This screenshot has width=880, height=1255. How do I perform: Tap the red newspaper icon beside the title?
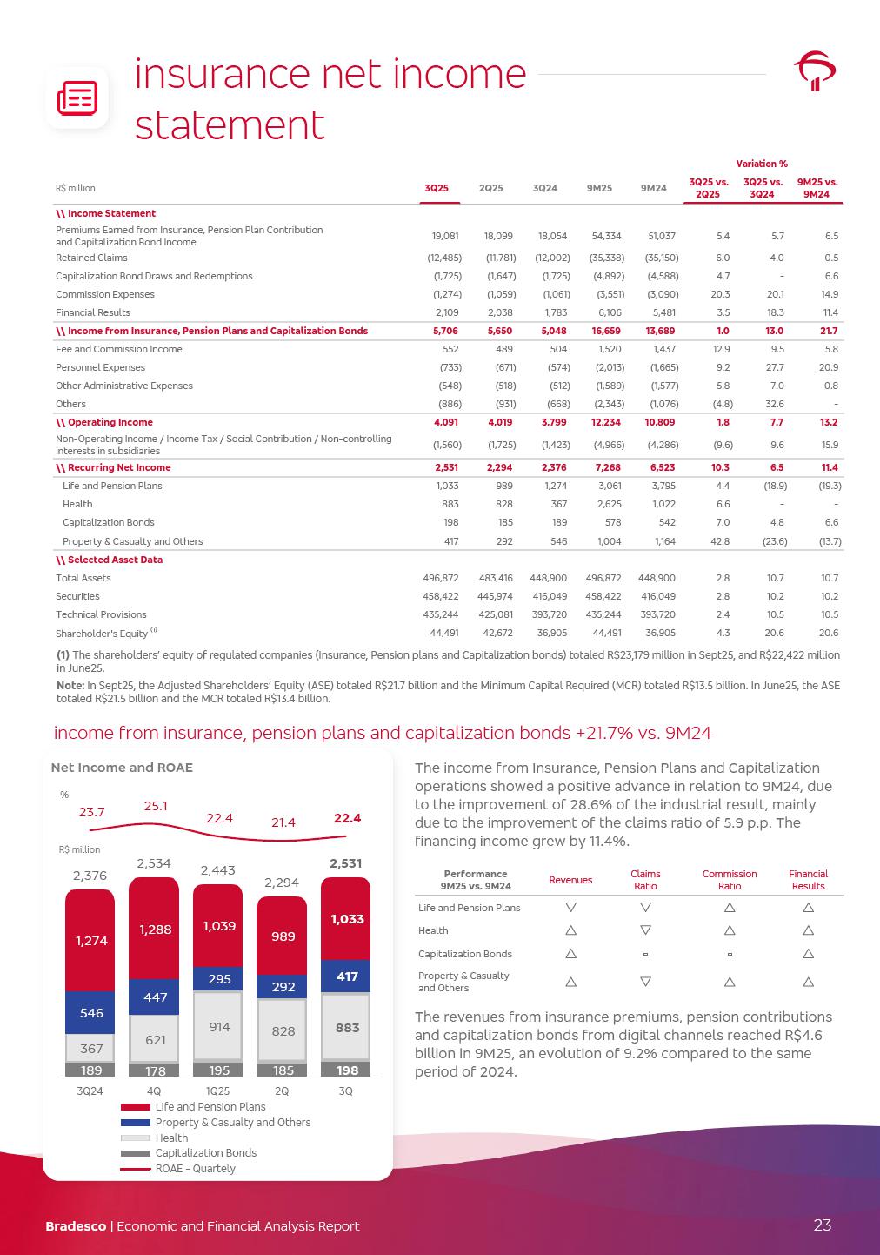pyautogui.click(x=77, y=98)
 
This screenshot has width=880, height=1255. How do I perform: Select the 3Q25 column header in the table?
pyautogui.click(x=437, y=188)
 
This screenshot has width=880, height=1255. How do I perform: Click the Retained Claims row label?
pyautogui.click(x=91, y=258)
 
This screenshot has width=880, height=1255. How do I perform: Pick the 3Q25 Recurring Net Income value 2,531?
pyautogui.click(x=446, y=467)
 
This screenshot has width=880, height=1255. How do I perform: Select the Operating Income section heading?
pyautogui.click(x=105, y=422)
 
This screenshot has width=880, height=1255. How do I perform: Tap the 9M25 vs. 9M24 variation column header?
pyautogui.click(x=817, y=188)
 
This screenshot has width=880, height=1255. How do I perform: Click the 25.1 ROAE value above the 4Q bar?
pyautogui.click(x=156, y=807)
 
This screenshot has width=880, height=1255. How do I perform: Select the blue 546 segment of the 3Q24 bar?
pyautogui.click(x=90, y=1013)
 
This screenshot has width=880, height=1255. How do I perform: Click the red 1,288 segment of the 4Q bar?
pyautogui.click(x=156, y=930)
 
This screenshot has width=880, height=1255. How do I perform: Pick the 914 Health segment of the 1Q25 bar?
pyautogui.click(x=219, y=1027)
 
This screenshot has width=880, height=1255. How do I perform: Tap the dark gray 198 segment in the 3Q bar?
pyautogui.click(x=347, y=1069)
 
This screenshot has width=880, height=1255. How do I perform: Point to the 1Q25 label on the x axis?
pyautogui.click(x=218, y=1091)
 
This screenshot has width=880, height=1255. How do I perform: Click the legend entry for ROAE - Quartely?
pyautogui.click(x=195, y=1168)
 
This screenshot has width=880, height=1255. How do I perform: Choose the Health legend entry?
pyautogui.click(x=171, y=1138)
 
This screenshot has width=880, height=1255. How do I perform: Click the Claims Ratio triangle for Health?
pyautogui.click(x=645, y=930)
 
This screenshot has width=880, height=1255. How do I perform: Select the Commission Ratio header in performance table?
pyautogui.click(x=729, y=880)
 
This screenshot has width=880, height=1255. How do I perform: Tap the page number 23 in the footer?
pyautogui.click(x=822, y=1225)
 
